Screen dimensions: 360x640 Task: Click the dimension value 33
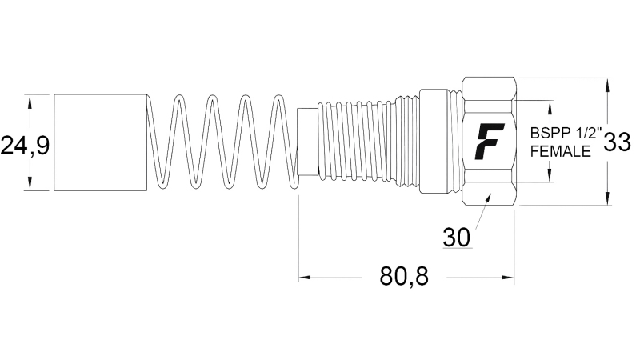[617, 142]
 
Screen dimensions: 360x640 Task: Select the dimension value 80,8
[404, 277]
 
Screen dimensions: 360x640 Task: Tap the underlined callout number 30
[456, 237]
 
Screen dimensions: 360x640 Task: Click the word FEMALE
[560, 150]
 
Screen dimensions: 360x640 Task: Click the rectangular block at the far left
[101, 142]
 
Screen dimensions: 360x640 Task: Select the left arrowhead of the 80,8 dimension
[305, 278]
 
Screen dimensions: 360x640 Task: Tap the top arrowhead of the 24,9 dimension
[30, 100]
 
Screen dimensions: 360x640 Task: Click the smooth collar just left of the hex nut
[440, 141]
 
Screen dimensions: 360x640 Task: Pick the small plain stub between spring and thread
[307, 141]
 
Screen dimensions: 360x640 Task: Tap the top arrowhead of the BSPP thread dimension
[550, 106]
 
